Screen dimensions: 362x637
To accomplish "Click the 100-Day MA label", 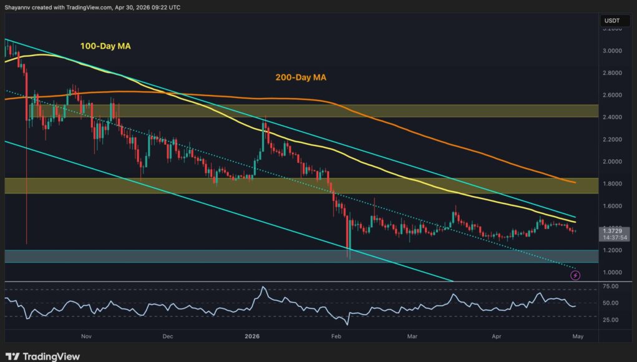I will (x=106, y=46).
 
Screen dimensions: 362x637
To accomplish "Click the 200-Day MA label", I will (x=301, y=78).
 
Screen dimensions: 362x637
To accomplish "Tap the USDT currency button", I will (x=611, y=21).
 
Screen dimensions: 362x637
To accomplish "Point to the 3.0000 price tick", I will (x=611, y=51).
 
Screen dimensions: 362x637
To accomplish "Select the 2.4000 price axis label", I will (x=611, y=117).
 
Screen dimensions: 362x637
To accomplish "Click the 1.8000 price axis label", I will (x=611, y=183).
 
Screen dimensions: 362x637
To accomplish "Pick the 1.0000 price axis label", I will (x=611, y=273).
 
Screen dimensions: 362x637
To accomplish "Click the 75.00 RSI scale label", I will (x=611, y=286).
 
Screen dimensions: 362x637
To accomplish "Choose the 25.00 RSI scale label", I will (x=611, y=320).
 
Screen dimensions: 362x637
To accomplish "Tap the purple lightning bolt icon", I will (x=575, y=275).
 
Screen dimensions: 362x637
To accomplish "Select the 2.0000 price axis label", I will (x=611, y=162).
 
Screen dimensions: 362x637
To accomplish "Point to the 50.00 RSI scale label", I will (x=611, y=303).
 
